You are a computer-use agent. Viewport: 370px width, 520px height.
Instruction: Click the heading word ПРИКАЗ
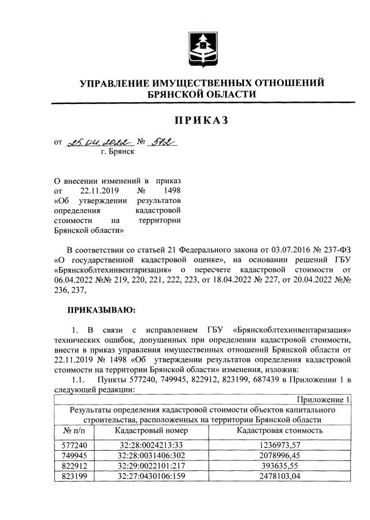point(202,120)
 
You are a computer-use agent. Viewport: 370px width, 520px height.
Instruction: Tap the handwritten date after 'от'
point(96,142)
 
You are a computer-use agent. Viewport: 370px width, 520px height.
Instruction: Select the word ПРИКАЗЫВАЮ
point(101,310)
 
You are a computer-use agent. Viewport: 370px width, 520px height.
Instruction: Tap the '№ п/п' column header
point(72,430)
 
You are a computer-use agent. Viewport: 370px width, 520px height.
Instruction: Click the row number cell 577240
point(72,444)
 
